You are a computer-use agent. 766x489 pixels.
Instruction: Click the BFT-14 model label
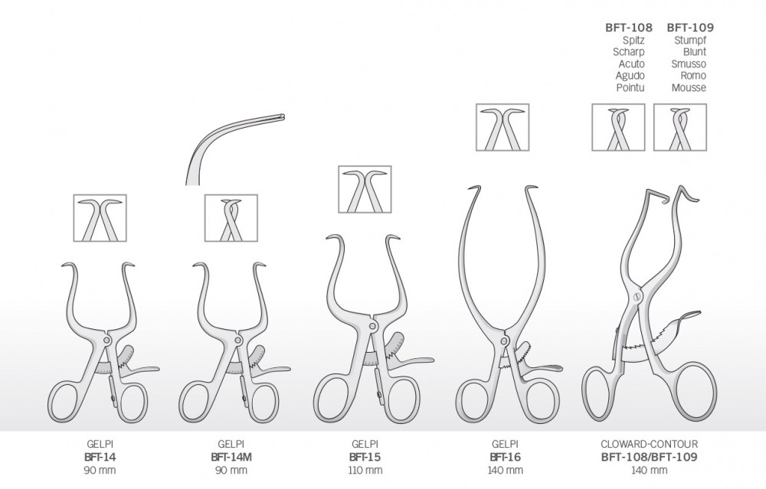point(100,458)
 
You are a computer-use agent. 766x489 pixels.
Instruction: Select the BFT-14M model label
point(232,458)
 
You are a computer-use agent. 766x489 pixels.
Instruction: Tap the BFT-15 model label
point(365,458)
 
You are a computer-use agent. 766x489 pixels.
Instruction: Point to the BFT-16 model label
point(505,458)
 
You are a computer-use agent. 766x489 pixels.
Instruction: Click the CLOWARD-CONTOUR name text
point(650,444)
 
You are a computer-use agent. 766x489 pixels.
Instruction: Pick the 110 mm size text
point(365,471)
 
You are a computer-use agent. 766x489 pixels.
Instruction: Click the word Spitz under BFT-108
point(633,40)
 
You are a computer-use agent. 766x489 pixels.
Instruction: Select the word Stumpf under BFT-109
point(690,40)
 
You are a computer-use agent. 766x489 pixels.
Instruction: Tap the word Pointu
point(630,87)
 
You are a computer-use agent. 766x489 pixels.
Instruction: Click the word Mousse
point(689,87)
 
